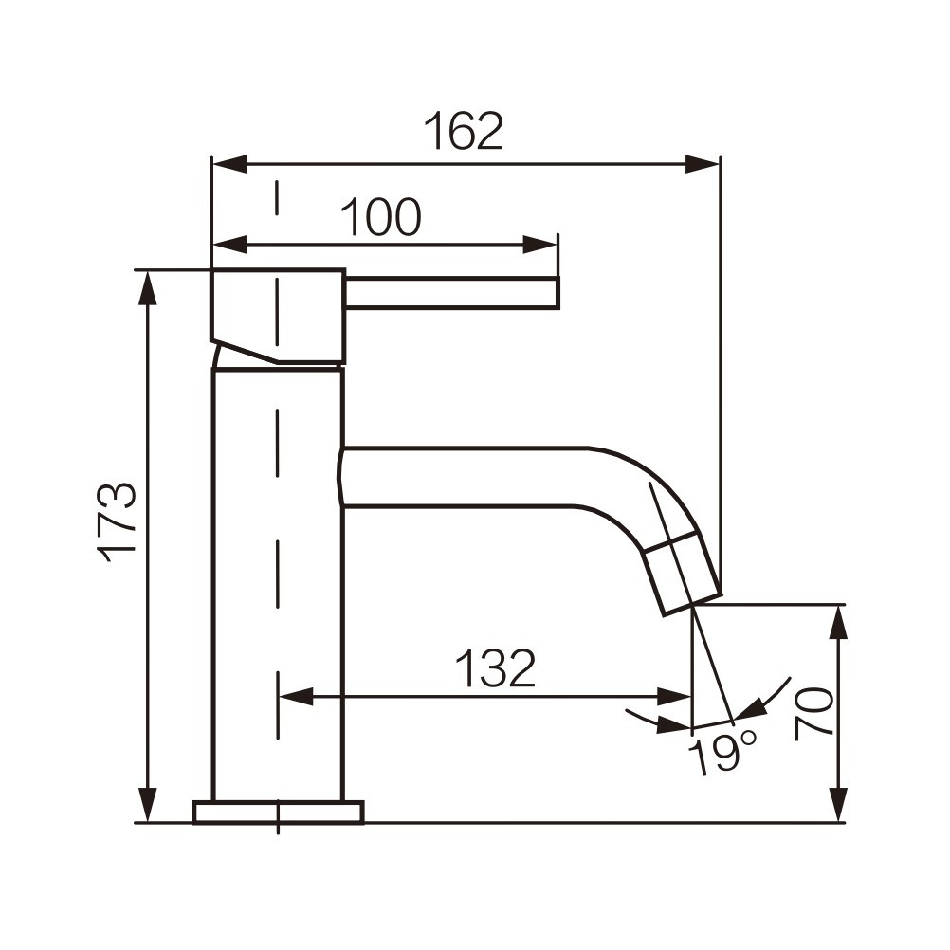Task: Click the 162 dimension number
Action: (464, 130)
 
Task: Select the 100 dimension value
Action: (381, 217)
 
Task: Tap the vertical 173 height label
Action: (117, 523)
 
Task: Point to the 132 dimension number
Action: (496, 667)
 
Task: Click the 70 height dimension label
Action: (813, 714)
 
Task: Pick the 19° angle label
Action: (722, 752)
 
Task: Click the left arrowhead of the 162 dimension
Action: (230, 164)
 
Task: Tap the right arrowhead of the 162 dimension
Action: (703, 164)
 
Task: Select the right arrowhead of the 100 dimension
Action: (539, 245)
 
